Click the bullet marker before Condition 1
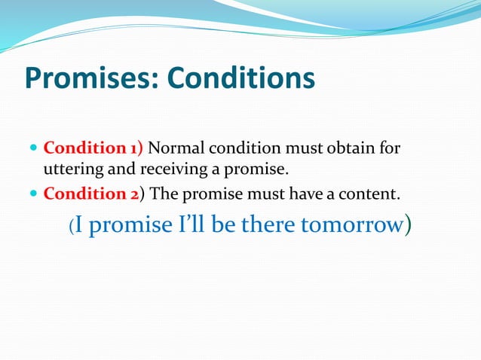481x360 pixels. coord(34,148)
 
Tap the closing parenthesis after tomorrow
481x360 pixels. coord(408,226)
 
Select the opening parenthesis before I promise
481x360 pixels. coord(72,226)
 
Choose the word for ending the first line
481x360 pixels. coord(390,147)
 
